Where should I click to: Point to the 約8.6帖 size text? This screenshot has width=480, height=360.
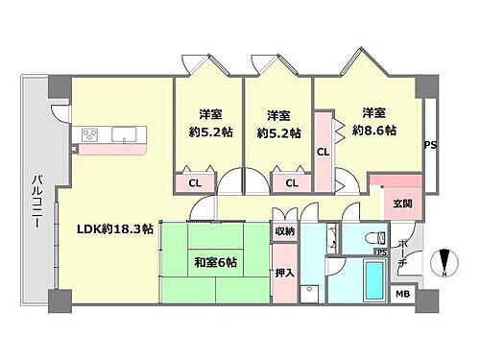[374, 132]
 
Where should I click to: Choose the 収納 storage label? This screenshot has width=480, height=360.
[285, 230]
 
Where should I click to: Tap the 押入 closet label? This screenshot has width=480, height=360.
[285, 272]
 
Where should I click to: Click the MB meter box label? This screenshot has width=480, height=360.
[403, 295]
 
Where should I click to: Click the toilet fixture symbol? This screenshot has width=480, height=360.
[378, 236]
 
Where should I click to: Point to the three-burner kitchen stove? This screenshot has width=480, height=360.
[91, 135]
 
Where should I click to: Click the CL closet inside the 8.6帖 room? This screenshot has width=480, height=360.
[324, 151]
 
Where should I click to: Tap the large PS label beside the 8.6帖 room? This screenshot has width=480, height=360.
[430, 145]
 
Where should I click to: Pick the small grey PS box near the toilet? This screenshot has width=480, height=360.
[380, 252]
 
